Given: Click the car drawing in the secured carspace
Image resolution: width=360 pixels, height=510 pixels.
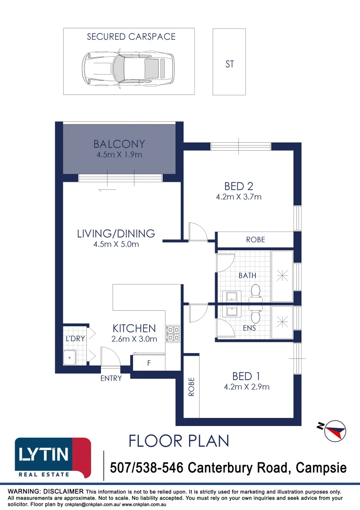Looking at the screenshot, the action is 128,68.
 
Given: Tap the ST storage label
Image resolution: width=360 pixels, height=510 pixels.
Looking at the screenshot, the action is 229,64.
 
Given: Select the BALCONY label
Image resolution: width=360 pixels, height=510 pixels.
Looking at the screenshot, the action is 119,144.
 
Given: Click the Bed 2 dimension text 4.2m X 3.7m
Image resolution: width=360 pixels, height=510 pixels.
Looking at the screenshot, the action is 239,196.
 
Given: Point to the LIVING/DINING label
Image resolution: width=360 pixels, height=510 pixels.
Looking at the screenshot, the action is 116,234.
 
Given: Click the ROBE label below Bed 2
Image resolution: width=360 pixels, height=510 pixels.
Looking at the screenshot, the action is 255,240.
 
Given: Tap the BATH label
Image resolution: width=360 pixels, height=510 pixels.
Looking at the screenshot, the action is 247,275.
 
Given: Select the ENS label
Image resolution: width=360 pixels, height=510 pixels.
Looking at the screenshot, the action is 249,328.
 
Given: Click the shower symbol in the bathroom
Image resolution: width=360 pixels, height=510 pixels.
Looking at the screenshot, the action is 282,276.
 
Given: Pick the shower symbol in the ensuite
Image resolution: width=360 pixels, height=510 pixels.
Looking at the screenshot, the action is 282,322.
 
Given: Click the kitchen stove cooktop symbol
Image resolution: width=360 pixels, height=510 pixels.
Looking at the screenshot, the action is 173,333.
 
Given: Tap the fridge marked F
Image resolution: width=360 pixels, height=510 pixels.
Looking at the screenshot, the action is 149,363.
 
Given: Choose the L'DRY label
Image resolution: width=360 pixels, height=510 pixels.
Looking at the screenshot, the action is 75,339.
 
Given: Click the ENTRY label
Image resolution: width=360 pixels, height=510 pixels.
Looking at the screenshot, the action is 111,378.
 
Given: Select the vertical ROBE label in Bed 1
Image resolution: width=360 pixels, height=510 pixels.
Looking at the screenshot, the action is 192,387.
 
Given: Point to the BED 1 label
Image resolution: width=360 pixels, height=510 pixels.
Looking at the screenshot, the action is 246,376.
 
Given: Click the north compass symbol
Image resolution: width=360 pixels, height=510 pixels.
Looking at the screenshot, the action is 332,430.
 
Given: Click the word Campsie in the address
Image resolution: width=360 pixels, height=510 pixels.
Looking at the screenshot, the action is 321,467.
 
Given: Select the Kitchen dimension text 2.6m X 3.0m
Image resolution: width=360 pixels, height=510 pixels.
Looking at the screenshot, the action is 134,339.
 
